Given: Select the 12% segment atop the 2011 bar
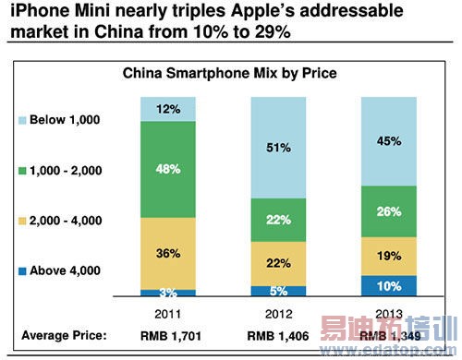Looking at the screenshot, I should (x=169, y=109).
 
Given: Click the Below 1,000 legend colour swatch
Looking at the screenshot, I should (x=21, y=120).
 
